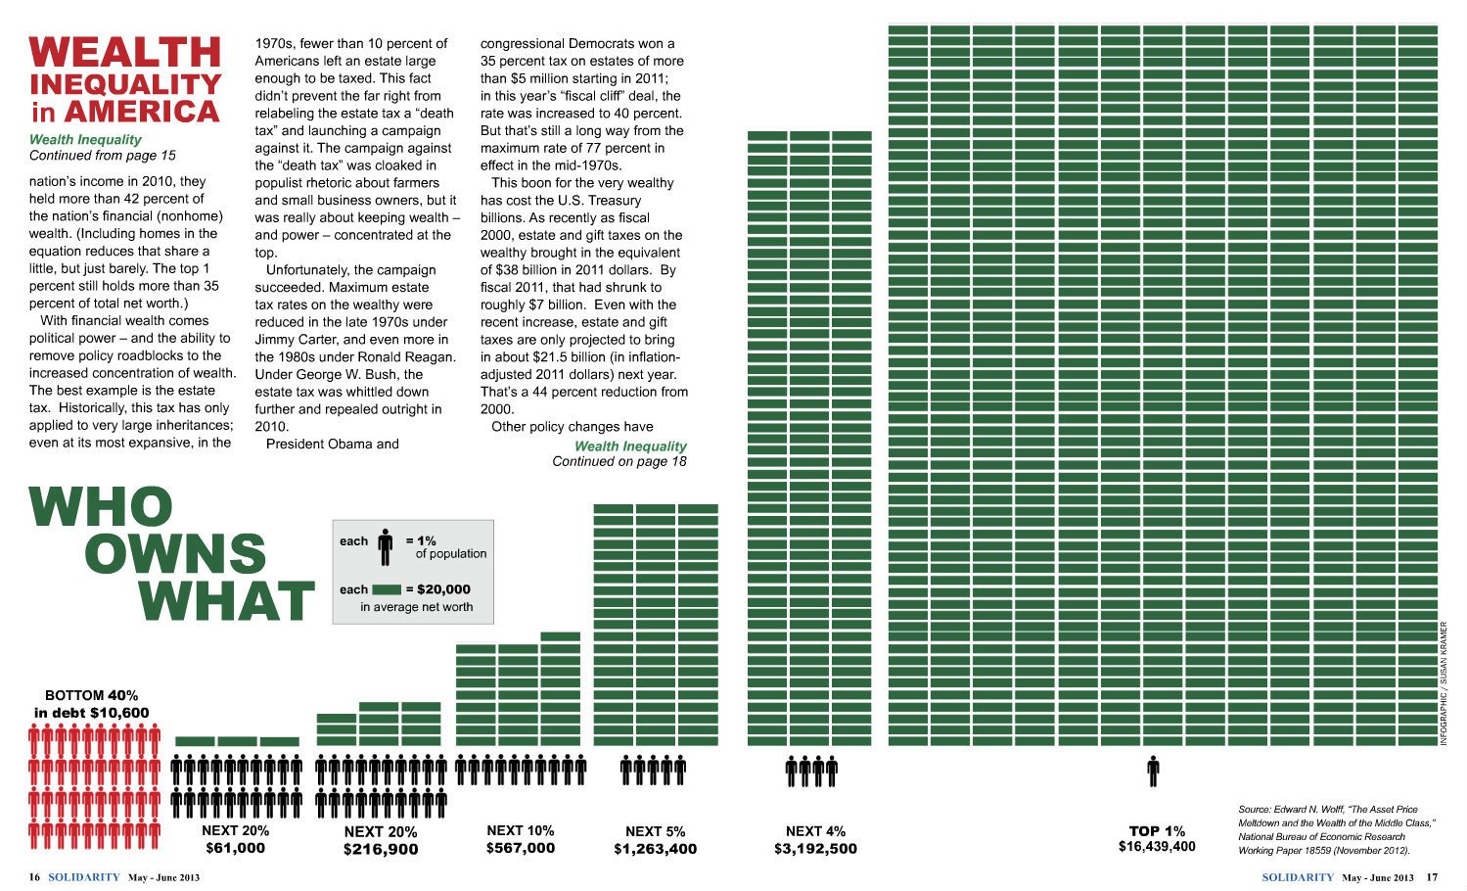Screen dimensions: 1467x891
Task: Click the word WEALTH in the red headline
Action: tap(125, 52)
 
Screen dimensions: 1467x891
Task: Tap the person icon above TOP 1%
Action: tap(1153, 772)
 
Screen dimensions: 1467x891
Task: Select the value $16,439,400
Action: tap(1157, 846)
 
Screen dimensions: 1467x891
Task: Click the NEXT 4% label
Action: tap(815, 831)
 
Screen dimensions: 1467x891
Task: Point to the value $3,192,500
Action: tap(815, 849)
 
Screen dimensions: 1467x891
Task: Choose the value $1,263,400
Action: tap(655, 849)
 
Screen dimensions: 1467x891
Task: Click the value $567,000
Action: tap(520, 849)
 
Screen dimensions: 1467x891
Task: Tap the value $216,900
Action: tap(381, 850)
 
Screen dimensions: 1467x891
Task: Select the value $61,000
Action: tap(235, 849)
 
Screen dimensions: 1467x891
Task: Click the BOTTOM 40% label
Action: tap(91, 695)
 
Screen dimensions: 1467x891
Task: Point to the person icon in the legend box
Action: tap(385, 547)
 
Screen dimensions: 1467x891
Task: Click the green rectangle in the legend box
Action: tap(387, 589)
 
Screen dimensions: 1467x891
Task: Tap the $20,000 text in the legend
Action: tap(443, 589)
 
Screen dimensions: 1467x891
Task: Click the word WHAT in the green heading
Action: tap(226, 600)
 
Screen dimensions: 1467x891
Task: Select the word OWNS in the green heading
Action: tap(175, 553)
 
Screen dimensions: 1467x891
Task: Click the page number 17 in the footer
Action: tap(1432, 877)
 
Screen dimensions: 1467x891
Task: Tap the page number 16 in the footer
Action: tap(34, 877)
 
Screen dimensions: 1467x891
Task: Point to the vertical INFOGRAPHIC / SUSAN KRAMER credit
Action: tap(1444, 683)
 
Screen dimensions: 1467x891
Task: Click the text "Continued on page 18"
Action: tap(619, 461)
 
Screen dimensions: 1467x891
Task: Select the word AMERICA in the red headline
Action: tap(142, 112)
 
